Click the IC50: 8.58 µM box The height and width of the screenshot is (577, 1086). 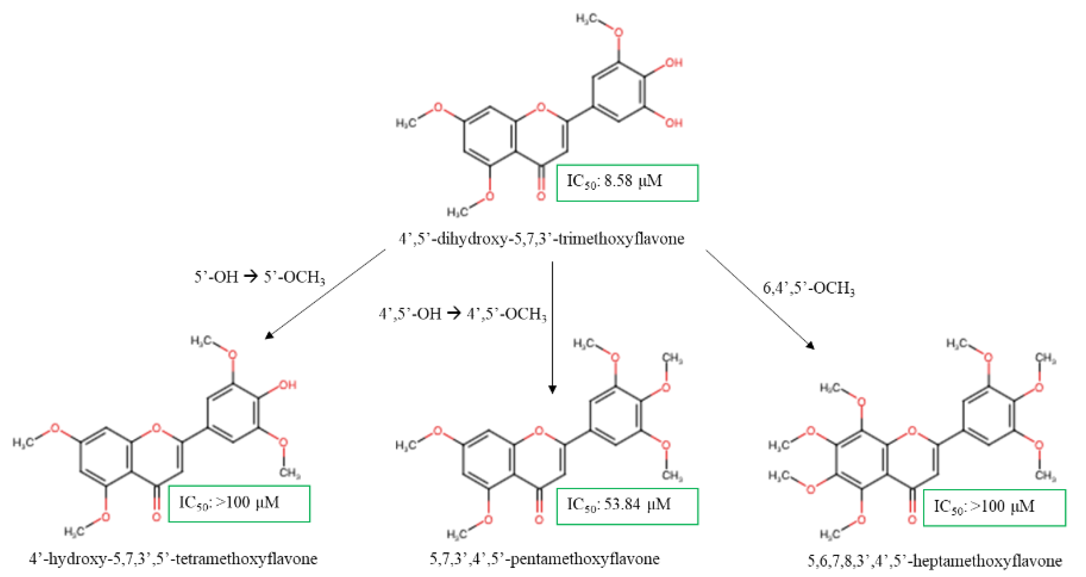[627, 183]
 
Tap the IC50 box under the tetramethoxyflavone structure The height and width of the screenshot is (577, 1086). [239, 504]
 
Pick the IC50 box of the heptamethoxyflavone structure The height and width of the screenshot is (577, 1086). [994, 508]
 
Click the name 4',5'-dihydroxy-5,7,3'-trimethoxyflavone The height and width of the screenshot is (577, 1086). [541, 239]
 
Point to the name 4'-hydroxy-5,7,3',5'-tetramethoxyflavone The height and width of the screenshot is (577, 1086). [173, 559]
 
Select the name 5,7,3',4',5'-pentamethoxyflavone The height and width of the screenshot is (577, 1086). [544, 559]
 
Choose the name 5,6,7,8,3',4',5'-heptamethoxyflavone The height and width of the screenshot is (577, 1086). [934, 561]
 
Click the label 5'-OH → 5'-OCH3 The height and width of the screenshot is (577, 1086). [259, 277]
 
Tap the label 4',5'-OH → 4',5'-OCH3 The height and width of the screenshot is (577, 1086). [462, 314]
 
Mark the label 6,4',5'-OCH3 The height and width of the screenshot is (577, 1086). [808, 288]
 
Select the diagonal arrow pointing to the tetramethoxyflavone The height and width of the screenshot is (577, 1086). [325, 294]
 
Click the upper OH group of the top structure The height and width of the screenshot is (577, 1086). [674, 63]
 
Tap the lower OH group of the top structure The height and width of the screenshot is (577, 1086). [674, 123]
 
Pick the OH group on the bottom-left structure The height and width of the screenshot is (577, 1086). [288, 385]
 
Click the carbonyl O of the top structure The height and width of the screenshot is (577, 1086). [541, 196]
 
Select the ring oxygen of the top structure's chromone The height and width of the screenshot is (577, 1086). [541, 107]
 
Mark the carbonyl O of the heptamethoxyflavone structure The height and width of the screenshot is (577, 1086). [912, 519]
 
